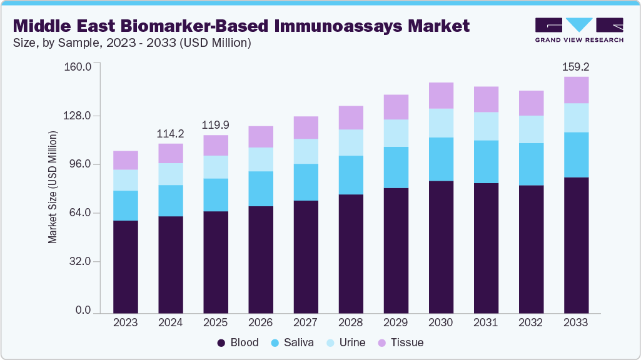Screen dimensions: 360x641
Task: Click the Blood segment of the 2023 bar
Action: point(125,266)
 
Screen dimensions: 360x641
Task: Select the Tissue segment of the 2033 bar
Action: point(576,90)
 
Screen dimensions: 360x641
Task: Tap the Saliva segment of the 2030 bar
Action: point(441,159)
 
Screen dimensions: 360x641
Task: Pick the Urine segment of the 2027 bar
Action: point(306,151)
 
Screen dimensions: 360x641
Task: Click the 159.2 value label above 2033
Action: point(576,66)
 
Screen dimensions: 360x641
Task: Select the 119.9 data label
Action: point(216,125)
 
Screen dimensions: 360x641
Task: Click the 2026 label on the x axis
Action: point(261,322)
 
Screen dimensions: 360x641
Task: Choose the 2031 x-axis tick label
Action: point(486,322)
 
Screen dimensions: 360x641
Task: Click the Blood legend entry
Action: point(238,342)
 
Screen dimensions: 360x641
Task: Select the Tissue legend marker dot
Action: point(381,342)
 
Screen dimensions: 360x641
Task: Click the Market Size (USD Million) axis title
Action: point(53,187)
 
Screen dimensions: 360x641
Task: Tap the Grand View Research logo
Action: point(578,30)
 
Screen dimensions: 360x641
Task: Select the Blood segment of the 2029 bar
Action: point(396,250)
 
